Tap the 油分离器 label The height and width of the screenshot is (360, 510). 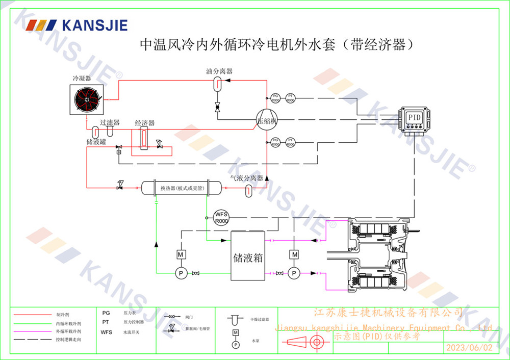click(219, 71)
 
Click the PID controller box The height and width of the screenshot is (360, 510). click(414, 117)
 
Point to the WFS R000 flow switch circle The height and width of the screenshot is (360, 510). click(221, 217)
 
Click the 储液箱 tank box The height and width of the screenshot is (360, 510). click(248, 255)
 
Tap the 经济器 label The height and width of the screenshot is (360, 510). click(144, 123)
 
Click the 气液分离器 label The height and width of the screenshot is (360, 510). click(246, 178)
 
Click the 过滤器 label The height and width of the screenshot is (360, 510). click(110, 122)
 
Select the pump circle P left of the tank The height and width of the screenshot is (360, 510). click(181, 274)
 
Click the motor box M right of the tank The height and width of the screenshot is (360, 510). click(294, 253)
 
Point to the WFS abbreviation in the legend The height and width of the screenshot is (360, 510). click(107, 332)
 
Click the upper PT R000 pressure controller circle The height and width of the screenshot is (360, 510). click(290, 98)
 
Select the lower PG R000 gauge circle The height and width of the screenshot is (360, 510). click(275, 142)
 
